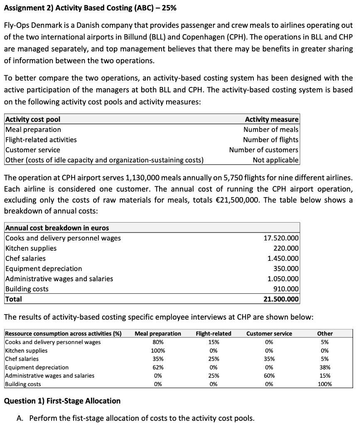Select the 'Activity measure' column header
pos(271,119)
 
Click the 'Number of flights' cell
pos(270,140)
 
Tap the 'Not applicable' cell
pos(275,160)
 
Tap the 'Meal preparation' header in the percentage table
pos(158,334)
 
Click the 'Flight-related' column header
pos(214,334)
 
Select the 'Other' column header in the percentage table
pos(325,334)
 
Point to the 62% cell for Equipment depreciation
pos(158,367)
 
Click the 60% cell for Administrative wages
pos(269,376)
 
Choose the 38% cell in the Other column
pos(325,367)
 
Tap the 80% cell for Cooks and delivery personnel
pos(158,342)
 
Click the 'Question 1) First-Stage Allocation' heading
pos(62,401)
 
